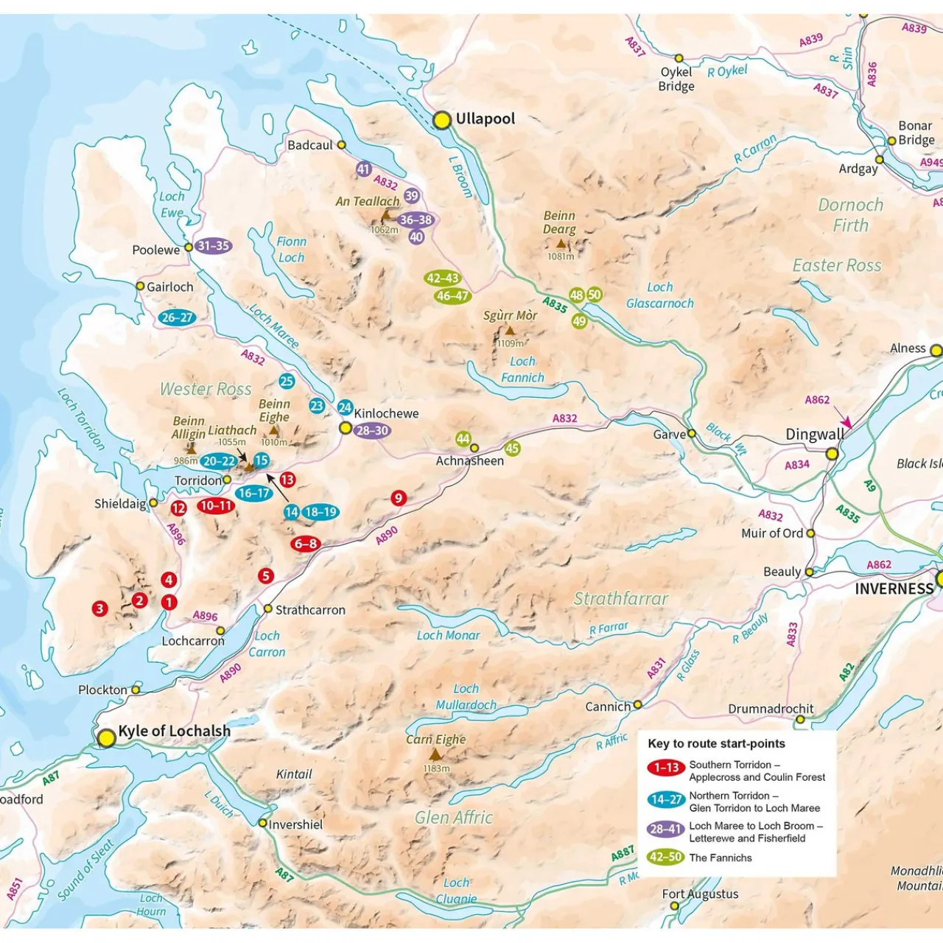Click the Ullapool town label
485,119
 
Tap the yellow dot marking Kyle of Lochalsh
107,737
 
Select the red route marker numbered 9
399,498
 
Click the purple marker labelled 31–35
214,246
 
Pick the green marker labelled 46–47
452,296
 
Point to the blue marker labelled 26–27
177,318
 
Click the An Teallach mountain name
368,201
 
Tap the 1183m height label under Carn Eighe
436,768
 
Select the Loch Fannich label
522,369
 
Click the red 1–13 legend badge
666,768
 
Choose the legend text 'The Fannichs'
720,858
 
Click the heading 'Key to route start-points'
716,743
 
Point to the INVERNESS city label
894,589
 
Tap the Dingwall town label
814,435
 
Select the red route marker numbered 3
99,609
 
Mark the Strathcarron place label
309,610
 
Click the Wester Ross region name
206,389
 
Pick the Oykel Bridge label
676,79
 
